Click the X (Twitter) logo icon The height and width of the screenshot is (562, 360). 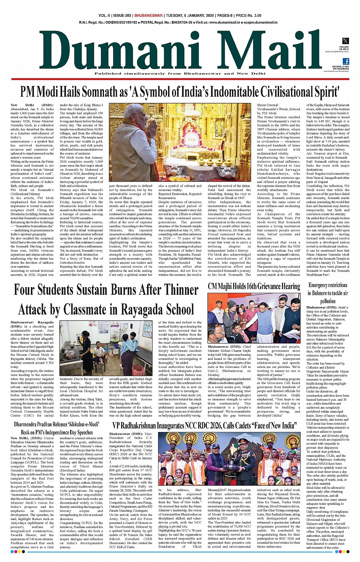tap(345, 41)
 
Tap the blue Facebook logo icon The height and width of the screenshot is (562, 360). tap(346, 61)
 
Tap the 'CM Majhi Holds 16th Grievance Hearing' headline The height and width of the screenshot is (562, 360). tap(254, 286)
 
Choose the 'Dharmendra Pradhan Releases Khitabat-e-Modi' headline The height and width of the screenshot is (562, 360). tap(57, 428)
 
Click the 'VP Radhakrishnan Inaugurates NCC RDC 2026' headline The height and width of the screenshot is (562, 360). tap(204, 425)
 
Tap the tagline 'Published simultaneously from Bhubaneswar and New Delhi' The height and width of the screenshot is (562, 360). tap(180, 74)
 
